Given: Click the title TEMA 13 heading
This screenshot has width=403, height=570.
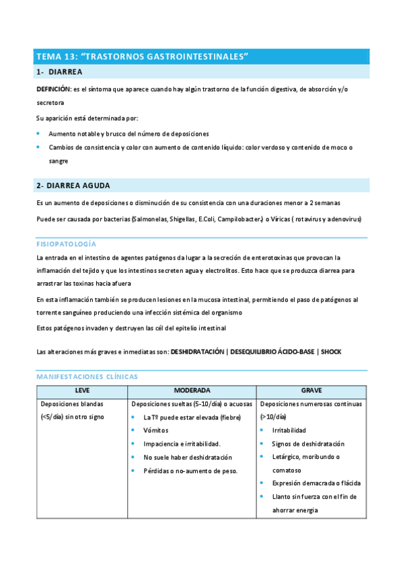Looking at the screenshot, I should tap(142, 57).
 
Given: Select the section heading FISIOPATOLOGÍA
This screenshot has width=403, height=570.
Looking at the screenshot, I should tap(66, 243).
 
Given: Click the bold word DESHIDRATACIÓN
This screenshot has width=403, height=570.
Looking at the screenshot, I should tap(196, 352).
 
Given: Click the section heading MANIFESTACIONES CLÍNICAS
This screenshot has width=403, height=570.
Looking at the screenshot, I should tap(87, 376).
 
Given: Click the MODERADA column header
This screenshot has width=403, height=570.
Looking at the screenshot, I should tap(192, 391).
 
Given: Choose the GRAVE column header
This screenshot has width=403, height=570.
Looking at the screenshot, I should tap(312, 391).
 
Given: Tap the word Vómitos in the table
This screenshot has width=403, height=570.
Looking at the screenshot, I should tap(157, 430).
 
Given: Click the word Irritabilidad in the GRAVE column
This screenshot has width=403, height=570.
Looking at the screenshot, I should tap(289, 430).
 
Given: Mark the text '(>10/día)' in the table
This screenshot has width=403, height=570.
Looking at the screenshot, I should tap(273, 417).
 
